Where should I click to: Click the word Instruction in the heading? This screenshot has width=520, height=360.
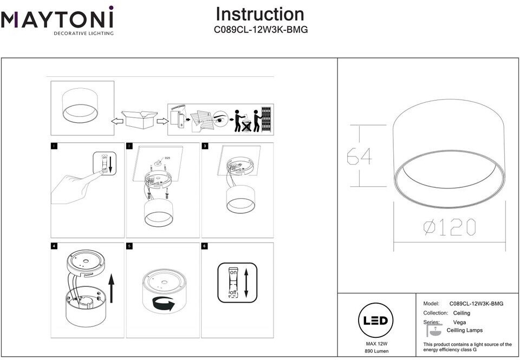[x=260, y=15]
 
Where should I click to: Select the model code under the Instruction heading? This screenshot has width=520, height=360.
[x=261, y=30]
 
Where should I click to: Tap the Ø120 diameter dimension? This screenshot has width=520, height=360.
[x=449, y=227]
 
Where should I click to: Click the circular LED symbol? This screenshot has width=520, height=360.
[x=375, y=320]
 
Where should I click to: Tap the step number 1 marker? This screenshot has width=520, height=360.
[x=53, y=146]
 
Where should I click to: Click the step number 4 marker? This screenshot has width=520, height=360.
[x=53, y=246]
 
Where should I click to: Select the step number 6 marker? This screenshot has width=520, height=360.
[x=205, y=246]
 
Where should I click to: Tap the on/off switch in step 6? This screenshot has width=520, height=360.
[x=233, y=283]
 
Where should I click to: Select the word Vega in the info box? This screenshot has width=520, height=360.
[x=459, y=322]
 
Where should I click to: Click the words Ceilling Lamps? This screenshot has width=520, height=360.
[x=464, y=330]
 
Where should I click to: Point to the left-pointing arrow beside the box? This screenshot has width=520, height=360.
[x=115, y=121]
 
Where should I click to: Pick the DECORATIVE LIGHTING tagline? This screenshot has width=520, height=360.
[x=83, y=34]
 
